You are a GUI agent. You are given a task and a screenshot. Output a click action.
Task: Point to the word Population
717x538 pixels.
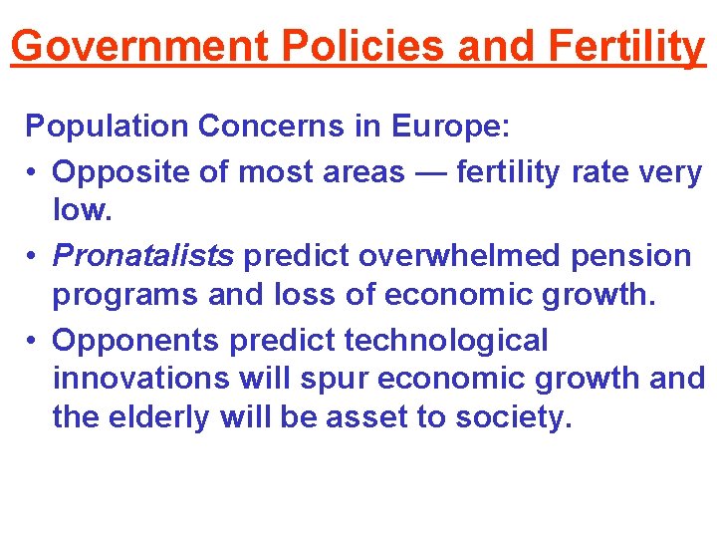(108, 127)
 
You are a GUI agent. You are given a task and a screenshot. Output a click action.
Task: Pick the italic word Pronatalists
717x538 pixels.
(143, 256)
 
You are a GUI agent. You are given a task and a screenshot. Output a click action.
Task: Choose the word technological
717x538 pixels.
(446, 341)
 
